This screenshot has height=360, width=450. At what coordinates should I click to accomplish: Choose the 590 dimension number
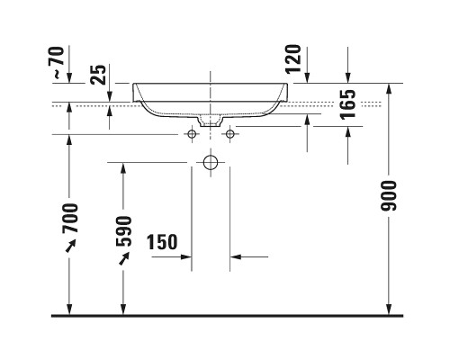point(125,230)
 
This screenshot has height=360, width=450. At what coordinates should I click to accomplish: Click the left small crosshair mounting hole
point(191,134)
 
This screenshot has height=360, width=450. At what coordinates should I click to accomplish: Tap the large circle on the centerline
point(211,163)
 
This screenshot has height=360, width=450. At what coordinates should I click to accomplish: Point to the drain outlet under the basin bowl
point(211,119)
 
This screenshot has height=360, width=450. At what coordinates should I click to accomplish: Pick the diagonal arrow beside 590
point(125,260)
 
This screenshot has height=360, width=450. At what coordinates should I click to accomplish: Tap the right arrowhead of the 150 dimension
point(235,257)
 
